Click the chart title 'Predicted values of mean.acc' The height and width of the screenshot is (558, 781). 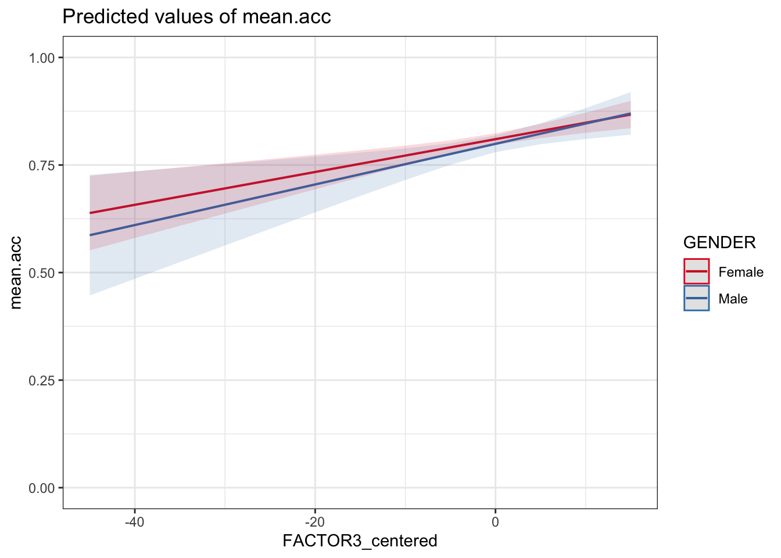click(x=196, y=17)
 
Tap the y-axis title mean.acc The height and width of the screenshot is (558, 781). click(x=16, y=273)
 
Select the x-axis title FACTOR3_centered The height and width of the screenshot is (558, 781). click(x=360, y=541)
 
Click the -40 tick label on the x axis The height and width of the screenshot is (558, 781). click(x=134, y=521)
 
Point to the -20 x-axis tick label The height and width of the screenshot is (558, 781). click(x=314, y=521)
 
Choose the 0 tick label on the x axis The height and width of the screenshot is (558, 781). click(x=495, y=521)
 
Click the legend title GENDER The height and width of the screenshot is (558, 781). click(x=719, y=242)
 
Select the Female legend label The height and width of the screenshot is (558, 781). click(x=741, y=272)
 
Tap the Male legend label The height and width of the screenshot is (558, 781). click(x=733, y=299)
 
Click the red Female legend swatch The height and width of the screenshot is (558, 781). click(x=697, y=271)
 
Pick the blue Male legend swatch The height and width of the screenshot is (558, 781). click(x=697, y=298)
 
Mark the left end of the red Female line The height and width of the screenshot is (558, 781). click(x=90, y=213)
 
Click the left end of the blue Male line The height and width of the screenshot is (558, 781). click(x=90, y=235)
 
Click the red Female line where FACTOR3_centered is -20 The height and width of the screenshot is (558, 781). click(x=314, y=171)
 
